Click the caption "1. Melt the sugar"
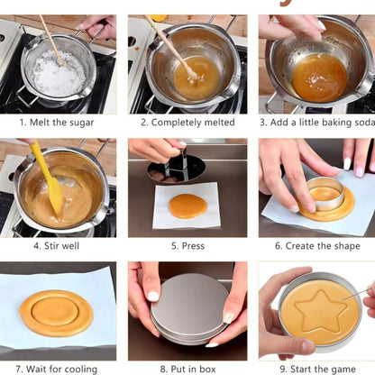pos(58,122)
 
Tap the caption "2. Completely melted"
pos(187,122)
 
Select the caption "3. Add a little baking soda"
pos(316,122)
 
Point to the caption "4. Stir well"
pos(58,245)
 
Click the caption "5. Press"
pos(187,245)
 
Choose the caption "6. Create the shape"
pos(316,245)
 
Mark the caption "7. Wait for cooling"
pos(58,368)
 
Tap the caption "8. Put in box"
pos(187,368)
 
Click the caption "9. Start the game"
pos(316,368)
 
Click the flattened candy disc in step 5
pos(187,206)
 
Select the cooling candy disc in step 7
pos(56,312)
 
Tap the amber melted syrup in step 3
pos(319,76)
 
